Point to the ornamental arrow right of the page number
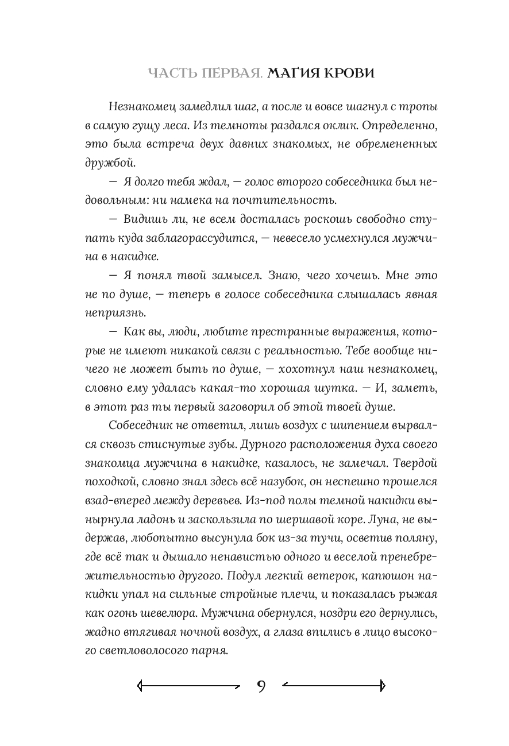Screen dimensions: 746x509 coord(334,685)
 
